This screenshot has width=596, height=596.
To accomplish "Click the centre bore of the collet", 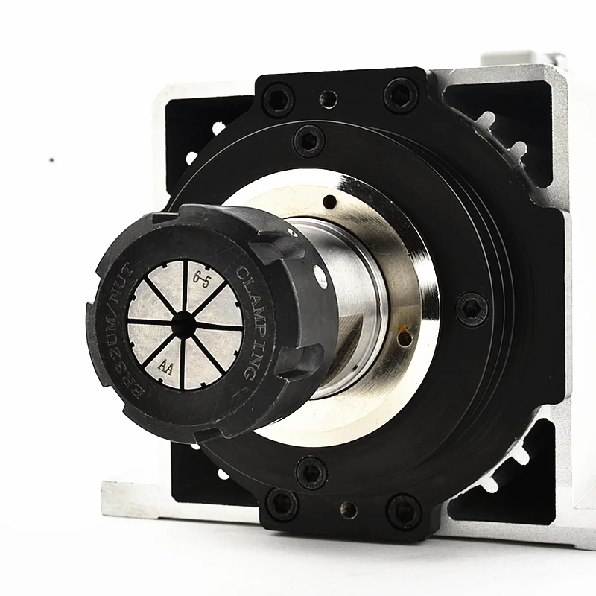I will (x=183, y=323).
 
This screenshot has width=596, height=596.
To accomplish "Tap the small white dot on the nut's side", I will (x=320, y=278).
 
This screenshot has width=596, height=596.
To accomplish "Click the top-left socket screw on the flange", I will (x=278, y=99).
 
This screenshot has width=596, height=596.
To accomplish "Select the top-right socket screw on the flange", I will (x=402, y=95).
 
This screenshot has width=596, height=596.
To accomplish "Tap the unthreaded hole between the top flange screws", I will (x=328, y=98).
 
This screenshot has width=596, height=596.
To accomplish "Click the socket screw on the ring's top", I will (x=308, y=140).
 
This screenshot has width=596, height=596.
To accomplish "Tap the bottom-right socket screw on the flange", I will (x=404, y=511).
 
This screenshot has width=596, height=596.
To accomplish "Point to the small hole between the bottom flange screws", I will (x=348, y=510).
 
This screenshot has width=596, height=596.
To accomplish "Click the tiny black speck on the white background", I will (x=51, y=159).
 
